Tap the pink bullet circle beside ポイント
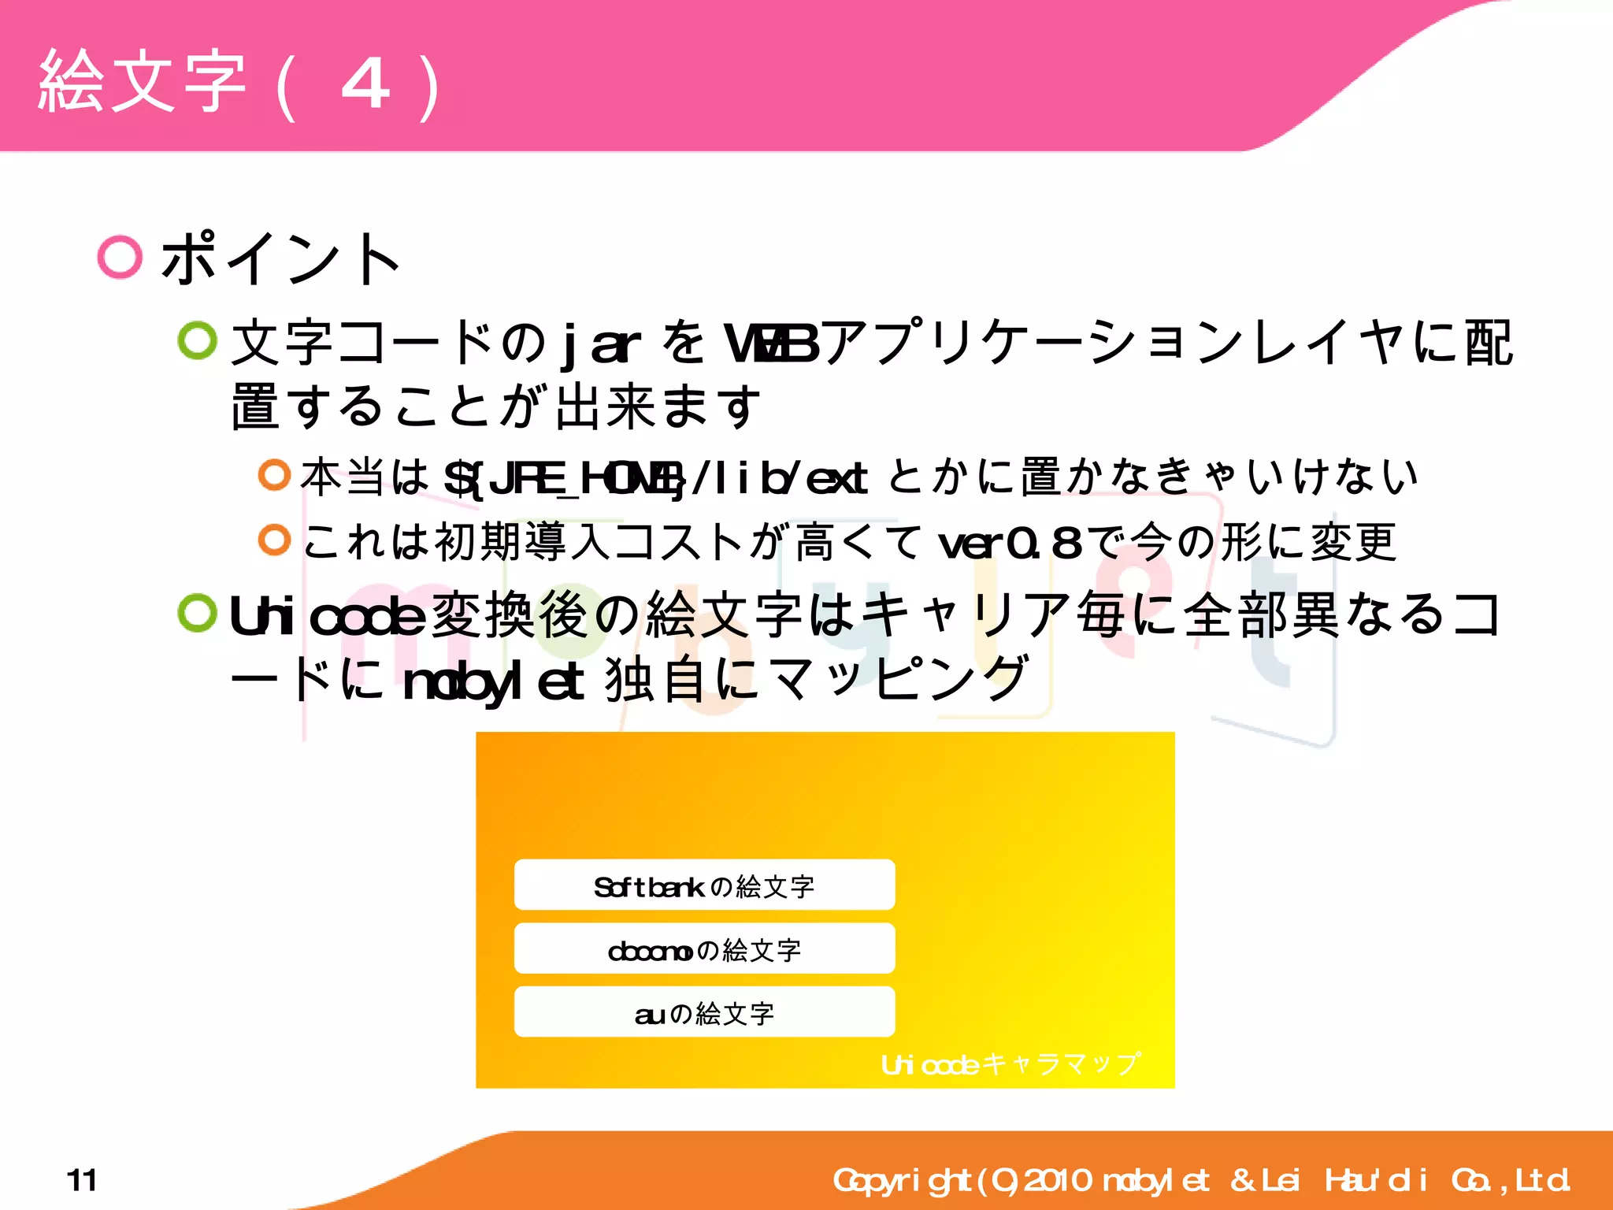tap(120, 257)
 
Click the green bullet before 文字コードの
tap(197, 341)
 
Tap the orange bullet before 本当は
tap(274, 474)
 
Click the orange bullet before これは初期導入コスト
tap(274, 540)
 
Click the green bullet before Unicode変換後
tap(197, 613)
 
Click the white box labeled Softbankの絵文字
tap(704, 885)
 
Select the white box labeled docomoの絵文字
tap(704, 948)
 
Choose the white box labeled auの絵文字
tap(704, 1012)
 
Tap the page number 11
tap(82, 1180)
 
